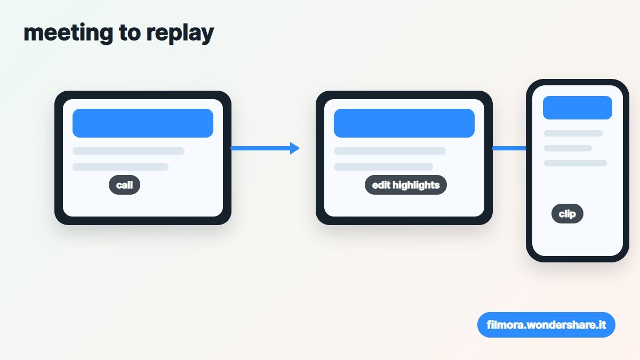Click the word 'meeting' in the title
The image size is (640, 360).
pyautogui.click(x=68, y=33)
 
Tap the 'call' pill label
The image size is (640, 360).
pyautogui.click(x=125, y=185)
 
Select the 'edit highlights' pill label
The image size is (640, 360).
pyautogui.click(x=406, y=185)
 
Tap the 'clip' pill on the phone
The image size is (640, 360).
pyautogui.click(x=567, y=213)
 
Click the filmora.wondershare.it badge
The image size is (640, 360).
pyautogui.click(x=546, y=325)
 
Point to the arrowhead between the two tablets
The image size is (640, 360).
pyautogui.click(x=294, y=148)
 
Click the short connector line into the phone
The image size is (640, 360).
pyautogui.click(x=509, y=148)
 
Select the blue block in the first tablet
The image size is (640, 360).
pyautogui.click(x=143, y=123)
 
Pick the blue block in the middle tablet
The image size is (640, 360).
pyautogui.click(x=404, y=123)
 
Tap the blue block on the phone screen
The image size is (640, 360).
pyautogui.click(x=578, y=108)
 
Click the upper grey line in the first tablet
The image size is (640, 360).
pyautogui.click(x=129, y=151)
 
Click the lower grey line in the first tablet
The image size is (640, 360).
pyautogui.click(x=121, y=167)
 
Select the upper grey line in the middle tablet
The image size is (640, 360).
pyautogui.click(x=390, y=151)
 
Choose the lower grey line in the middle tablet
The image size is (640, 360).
pyautogui.click(x=383, y=167)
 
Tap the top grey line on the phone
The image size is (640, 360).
pyautogui.click(x=573, y=133)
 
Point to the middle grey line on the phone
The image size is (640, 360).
pyautogui.click(x=567, y=148)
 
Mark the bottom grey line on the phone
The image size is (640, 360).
pyautogui.click(x=575, y=163)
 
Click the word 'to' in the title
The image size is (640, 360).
pyautogui.click(x=130, y=33)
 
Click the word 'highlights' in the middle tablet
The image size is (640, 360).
pyautogui.click(x=416, y=185)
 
